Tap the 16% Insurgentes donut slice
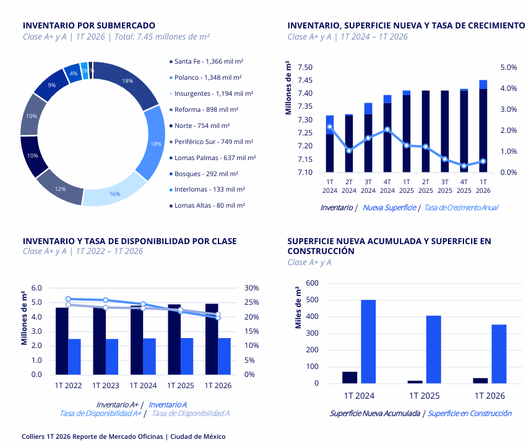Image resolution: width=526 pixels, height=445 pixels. point(114,193)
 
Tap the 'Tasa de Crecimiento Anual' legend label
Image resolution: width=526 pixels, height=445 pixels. point(460,208)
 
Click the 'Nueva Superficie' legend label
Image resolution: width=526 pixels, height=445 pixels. point(389,208)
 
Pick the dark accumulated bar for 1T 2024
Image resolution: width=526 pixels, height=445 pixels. point(350,377)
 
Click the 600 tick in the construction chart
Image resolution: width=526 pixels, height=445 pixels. point(313,283)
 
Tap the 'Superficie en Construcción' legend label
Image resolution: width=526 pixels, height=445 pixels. point(470,413)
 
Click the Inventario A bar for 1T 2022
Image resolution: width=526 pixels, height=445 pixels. point(74,357)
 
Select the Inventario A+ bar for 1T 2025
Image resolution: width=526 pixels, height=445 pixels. point(175,339)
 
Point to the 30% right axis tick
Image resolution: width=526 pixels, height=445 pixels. point(252,288)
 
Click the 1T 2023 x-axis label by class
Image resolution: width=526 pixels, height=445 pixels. point(106,385)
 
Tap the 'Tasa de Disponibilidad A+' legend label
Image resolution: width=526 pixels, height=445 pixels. point(100,413)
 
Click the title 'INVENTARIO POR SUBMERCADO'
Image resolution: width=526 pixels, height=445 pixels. point(89,25)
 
